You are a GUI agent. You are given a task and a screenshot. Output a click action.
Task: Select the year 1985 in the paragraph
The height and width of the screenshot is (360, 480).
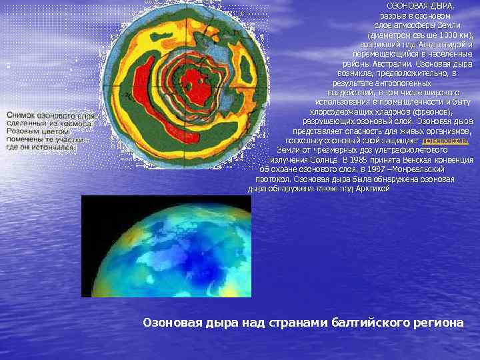pyautogui.click(x=355, y=160)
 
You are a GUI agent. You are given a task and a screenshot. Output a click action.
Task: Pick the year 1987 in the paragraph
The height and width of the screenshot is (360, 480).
pyautogui.click(x=366, y=170)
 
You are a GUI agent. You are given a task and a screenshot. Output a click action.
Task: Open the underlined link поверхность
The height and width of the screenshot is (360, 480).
pyautogui.click(x=445, y=141)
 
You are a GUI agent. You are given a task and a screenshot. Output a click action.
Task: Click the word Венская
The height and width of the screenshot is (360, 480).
pyautogui.click(x=402, y=160)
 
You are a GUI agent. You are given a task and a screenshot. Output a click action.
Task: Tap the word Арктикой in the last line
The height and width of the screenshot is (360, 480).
pyautogui.click(x=372, y=189)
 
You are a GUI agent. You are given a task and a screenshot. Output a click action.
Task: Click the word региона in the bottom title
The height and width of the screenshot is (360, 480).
pyautogui.click(x=437, y=323)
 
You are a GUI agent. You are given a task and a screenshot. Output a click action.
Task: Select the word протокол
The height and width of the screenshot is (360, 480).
pyautogui.click(x=271, y=179)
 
